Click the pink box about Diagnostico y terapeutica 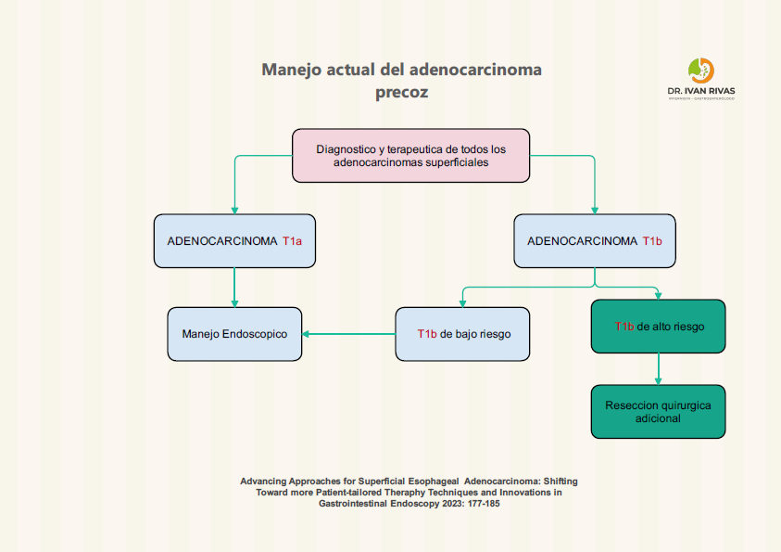click(x=410, y=155)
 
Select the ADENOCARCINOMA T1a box click(x=234, y=241)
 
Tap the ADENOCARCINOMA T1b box click(x=594, y=241)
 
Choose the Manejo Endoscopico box click(x=234, y=334)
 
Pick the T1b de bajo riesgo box click(x=462, y=334)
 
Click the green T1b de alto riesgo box click(x=658, y=327)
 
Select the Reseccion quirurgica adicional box click(x=658, y=412)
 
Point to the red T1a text click(x=293, y=241)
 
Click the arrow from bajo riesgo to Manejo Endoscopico click(x=348, y=334)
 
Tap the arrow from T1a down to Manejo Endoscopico click(x=234, y=288)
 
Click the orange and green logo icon click(x=701, y=70)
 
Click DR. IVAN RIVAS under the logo click(x=701, y=91)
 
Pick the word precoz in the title click(x=402, y=93)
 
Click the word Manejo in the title click(x=294, y=70)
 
